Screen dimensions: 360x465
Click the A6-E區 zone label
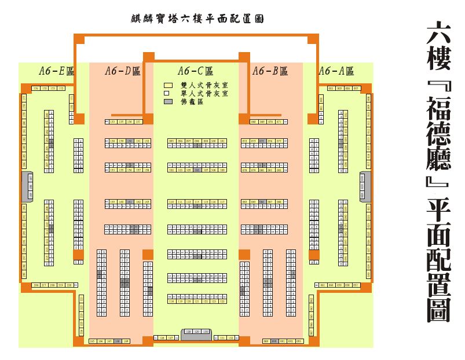coord(57,71)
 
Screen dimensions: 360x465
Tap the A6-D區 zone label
coord(123,71)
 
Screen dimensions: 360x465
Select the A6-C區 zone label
coord(196,71)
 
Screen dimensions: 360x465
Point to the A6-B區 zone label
coord(270,71)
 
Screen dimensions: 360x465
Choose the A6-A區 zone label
coord(336,71)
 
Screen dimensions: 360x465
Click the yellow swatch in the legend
coord(169,85)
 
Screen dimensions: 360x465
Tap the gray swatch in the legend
coord(169,101)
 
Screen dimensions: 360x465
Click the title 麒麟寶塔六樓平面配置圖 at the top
coord(197,19)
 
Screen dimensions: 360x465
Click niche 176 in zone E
coord(36,89)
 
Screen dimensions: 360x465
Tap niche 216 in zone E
coord(36,285)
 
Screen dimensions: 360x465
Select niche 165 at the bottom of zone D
coord(93,341)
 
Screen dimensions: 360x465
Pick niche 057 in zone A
coord(356,285)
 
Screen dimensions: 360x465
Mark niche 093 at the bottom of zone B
coord(299,341)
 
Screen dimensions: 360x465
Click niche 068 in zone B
coord(254,122)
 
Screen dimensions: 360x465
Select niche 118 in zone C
coord(171,302)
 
